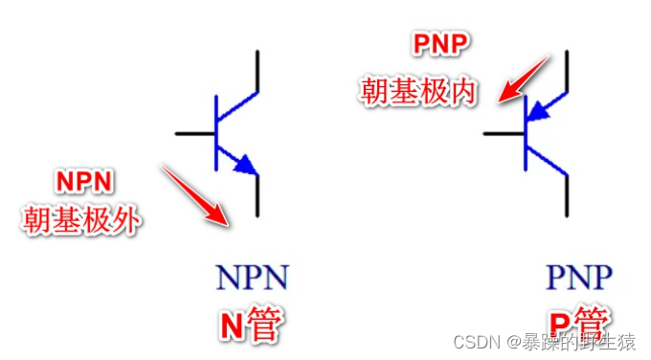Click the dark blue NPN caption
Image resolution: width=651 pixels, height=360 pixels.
[252, 279]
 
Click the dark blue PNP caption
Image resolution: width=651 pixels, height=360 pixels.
[578, 279]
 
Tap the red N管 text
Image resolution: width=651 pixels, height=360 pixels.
[251, 324]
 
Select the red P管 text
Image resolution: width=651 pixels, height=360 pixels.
[578, 324]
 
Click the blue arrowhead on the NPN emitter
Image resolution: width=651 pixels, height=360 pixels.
[247, 165]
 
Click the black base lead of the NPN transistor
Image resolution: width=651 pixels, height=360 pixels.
[195, 132]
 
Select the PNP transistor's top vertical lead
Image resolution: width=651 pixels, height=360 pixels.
[570, 72]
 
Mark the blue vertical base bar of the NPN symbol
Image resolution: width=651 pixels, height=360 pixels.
[217, 132]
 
